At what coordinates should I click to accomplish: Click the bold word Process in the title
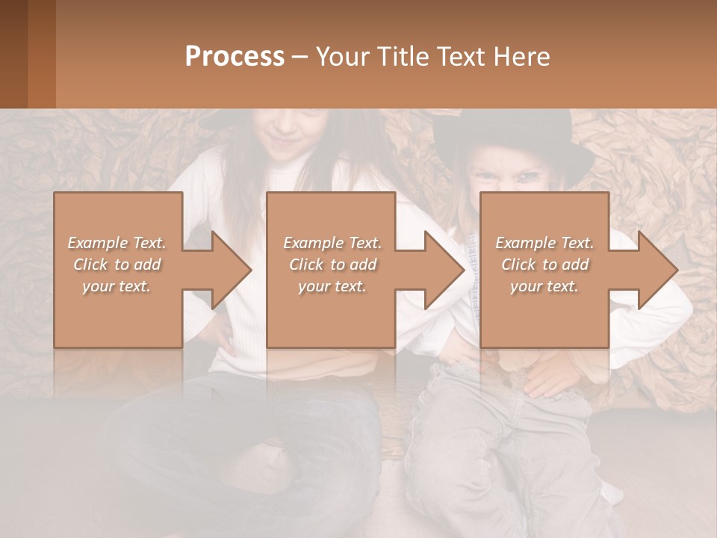pyautogui.click(x=235, y=56)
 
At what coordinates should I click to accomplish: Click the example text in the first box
pyautogui.click(x=117, y=265)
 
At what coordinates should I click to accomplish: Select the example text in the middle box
pyautogui.click(x=332, y=265)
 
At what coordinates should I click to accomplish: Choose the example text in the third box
pyautogui.click(x=544, y=265)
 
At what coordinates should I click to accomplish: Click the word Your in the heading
pyautogui.click(x=341, y=56)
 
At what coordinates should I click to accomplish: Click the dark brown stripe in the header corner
pyautogui.click(x=13, y=54)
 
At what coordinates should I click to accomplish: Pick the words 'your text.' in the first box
pyautogui.click(x=117, y=286)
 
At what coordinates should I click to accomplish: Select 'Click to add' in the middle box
pyautogui.click(x=332, y=265)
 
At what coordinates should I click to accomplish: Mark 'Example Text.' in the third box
pyautogui.click(x=544, y=243)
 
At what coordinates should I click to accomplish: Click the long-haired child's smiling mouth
pyautogui.click(x=282, y=142)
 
